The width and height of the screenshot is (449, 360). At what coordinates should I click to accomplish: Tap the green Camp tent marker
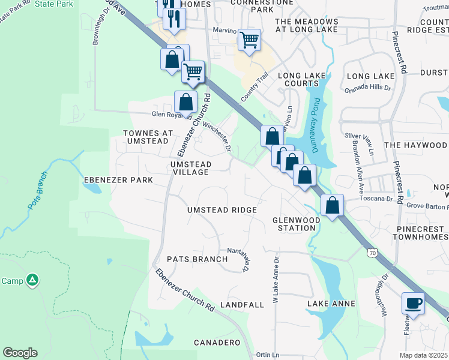pyautogui.click(x=33, y=280)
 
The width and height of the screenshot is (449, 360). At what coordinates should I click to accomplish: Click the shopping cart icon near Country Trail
pyautogui.click(x=249, y=40)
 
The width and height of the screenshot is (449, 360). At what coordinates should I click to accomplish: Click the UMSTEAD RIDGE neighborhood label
pyautogui.click(x=222, y=210)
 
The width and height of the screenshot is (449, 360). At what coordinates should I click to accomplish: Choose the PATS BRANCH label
pyautogui.click(x=197, y=259)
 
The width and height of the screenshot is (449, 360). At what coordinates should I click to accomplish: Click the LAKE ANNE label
pyautogui.click(x=331, y=304)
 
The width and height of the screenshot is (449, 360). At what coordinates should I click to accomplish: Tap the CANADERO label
pyautogui.click(x=217, y=343)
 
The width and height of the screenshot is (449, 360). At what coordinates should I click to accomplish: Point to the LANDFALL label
pyautogui.click(x=242, y=305)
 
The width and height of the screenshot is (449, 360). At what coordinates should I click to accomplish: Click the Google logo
pyautogui.click(x=20, y=353)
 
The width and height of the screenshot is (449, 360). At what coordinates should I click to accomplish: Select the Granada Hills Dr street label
pyautogui.click(x=367, y=88)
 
